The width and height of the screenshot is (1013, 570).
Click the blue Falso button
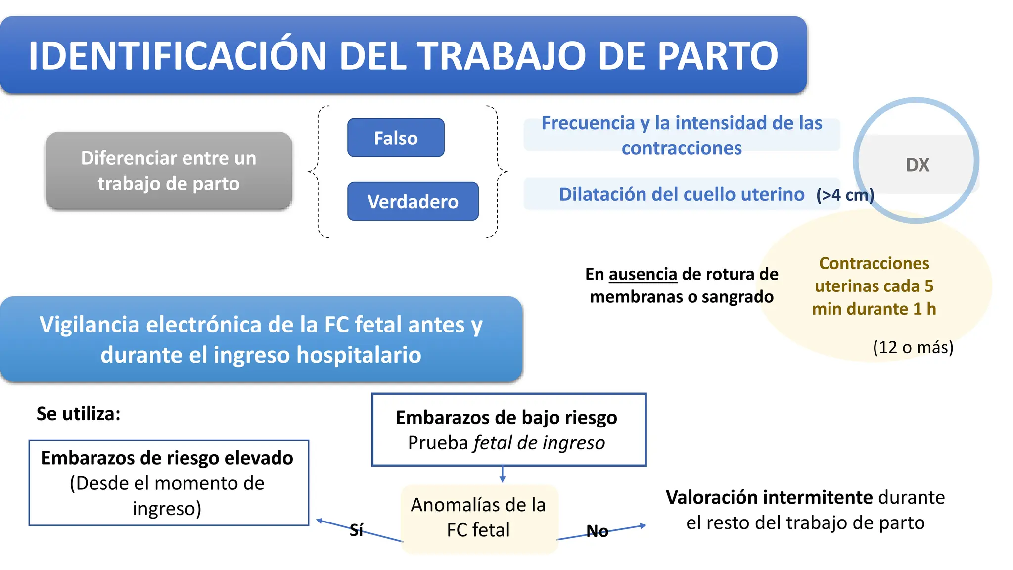[396, 138]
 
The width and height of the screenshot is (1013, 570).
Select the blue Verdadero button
[413, 201]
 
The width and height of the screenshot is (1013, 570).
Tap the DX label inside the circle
[918, 165]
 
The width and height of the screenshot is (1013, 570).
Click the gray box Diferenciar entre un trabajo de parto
[169, 171]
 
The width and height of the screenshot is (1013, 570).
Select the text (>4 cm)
[845, 195]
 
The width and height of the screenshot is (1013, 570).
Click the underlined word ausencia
[643, 274]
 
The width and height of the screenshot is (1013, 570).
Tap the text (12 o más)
[913, 347]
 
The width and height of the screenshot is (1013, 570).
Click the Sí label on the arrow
[356, 530]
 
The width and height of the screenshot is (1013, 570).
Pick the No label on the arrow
[597, 531]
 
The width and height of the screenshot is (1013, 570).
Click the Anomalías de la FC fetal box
[478, 518]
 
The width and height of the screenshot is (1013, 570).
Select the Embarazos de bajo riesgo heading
[506, 418]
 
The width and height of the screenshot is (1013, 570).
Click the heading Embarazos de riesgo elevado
[167, 458]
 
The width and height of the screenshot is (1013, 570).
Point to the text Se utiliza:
[79, 414]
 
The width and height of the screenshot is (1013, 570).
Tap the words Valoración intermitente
[769, 497]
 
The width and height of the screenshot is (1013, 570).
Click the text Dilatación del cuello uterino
[681, 194]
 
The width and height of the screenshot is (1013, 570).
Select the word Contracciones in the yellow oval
[874, 263]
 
